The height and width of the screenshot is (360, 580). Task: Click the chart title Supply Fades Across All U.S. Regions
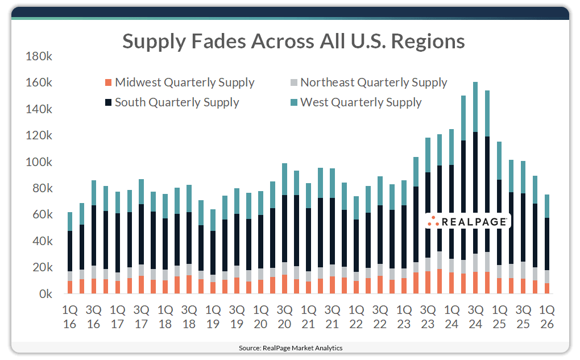[x=294, y=42]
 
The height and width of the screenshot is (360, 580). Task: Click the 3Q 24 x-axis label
[x=475, y=317]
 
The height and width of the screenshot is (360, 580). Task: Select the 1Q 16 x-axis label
[x=70, y=317]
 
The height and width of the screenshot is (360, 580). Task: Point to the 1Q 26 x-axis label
[x=547, y=317]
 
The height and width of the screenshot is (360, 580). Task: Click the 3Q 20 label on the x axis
[x=285, y=317]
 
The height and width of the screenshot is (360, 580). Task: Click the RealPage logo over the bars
[x=467, y=222]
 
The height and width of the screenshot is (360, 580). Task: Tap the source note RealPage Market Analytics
[x=290, y=347]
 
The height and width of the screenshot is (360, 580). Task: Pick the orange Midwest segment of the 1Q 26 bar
[x=547, y=288]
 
